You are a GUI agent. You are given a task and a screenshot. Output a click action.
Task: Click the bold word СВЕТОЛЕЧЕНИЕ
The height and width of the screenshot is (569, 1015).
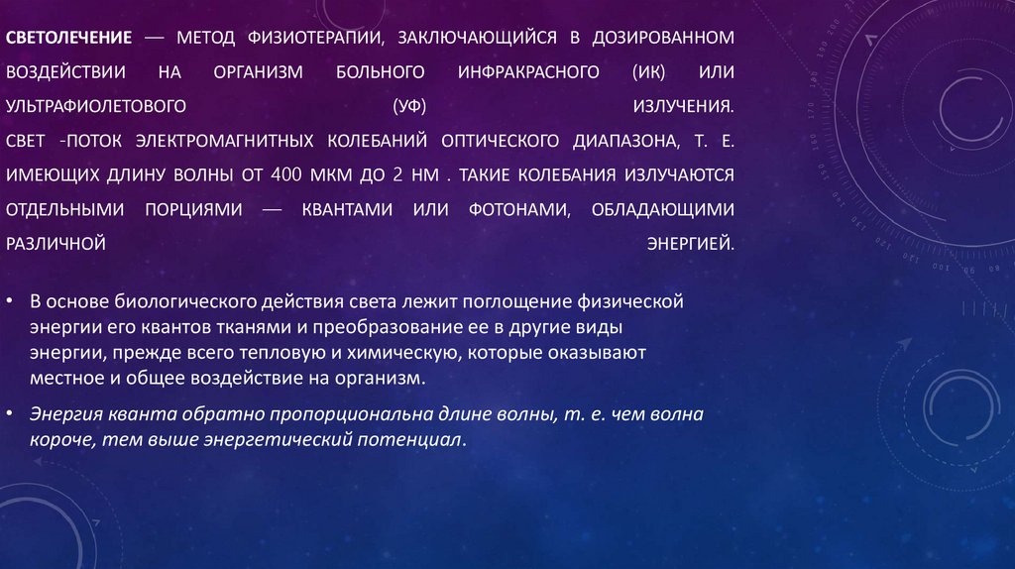pos(69,38)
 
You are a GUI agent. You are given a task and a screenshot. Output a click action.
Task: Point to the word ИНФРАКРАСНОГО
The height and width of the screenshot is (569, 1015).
pos(528,72)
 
